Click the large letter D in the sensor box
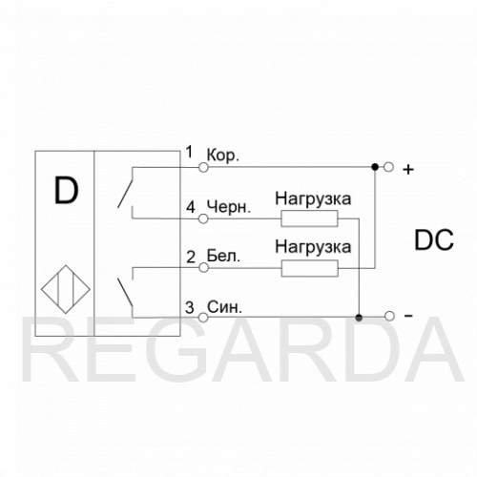tap(66, 191)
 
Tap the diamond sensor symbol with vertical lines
tap(66, 289)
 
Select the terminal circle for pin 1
tap(203, 167)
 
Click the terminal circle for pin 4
tap(203, 218)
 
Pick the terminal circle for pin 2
tap(203, 268)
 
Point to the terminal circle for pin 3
tap(203, 318)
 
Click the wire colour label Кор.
tap(222, 156)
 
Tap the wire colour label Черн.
tap(229, 207)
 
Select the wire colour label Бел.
tap(223, 256)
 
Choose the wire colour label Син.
tap(224, 307)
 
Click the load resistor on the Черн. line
tap(309, 218)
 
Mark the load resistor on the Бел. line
tap(310, 268)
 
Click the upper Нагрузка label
tap(313, 199)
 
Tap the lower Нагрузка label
tap(313, 247)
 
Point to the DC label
tap(434, 240)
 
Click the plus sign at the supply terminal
tap(408, 170)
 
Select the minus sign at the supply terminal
tap(408, 316)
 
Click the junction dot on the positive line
tap(375, 167)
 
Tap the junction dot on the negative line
tap(359, 318)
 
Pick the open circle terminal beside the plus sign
tap(388, 167)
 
